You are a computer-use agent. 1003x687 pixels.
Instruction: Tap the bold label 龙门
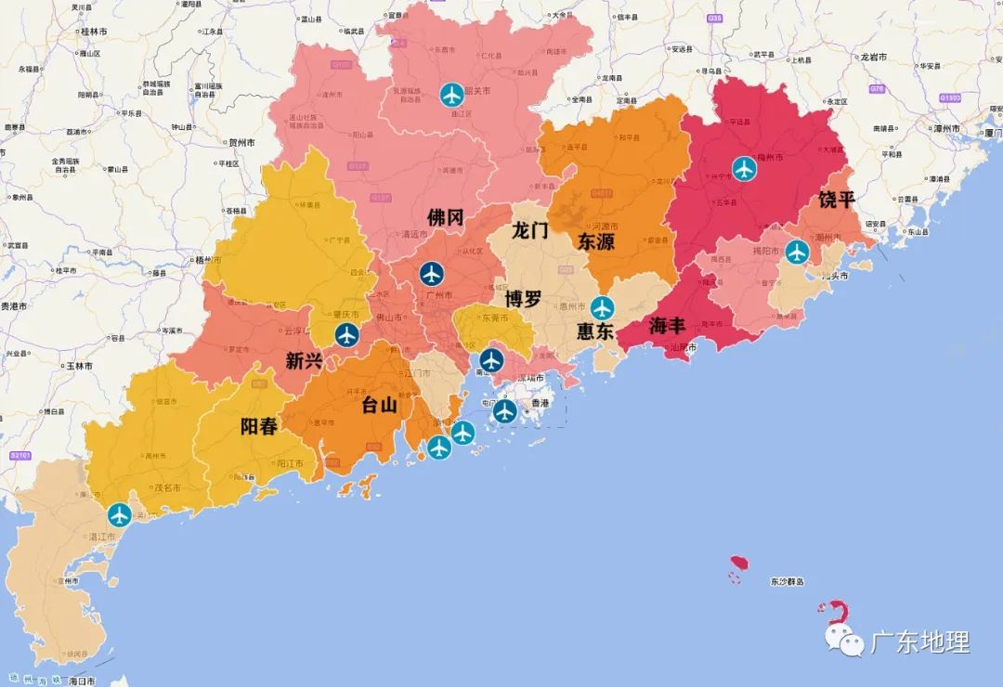click(531, 230)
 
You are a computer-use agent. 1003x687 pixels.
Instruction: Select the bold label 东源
click(596, 242)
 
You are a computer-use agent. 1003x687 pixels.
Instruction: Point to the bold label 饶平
click(838, 200)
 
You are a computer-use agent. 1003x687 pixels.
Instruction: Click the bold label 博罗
click(524, 299)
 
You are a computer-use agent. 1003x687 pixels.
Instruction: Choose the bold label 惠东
click(595, 331)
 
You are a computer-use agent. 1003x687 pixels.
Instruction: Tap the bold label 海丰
click(668, 326)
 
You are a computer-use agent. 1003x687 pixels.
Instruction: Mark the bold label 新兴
click(305, 360)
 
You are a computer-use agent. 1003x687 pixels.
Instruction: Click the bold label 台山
click(379, 405)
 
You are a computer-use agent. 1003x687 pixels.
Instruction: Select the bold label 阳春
click(259, 427)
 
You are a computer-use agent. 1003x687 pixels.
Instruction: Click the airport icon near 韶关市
click(452, 94)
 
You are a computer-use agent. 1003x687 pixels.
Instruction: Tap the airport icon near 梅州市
click(745, 168)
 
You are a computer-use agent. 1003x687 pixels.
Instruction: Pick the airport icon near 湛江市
click(120, 514)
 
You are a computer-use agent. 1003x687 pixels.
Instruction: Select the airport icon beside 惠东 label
click(603, 307)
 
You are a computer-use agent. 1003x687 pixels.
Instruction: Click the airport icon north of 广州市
click(431, 274)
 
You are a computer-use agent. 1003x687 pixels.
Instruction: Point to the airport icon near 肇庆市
click(346, 335)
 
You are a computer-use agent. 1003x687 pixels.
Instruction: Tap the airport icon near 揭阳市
click(797, 252)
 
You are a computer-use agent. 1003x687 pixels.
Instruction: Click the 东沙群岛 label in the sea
click(787, 582)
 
